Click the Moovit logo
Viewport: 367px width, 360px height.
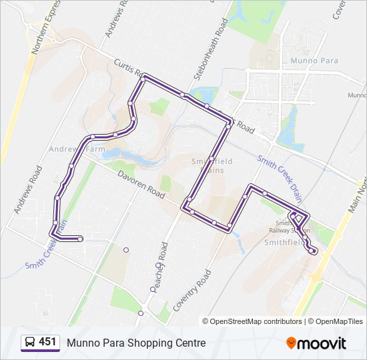(316, 343)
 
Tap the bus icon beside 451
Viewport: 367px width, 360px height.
(30, 343)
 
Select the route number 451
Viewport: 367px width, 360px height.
(48, 342)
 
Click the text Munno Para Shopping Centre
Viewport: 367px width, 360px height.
(136, 343)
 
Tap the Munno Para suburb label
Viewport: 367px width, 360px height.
(314, 61)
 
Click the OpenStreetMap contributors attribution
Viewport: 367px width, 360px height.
(252, 321)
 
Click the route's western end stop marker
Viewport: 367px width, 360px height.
(80, 238)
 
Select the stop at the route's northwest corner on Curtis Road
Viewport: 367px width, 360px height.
(143, 78)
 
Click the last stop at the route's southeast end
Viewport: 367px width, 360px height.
(314, 251)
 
